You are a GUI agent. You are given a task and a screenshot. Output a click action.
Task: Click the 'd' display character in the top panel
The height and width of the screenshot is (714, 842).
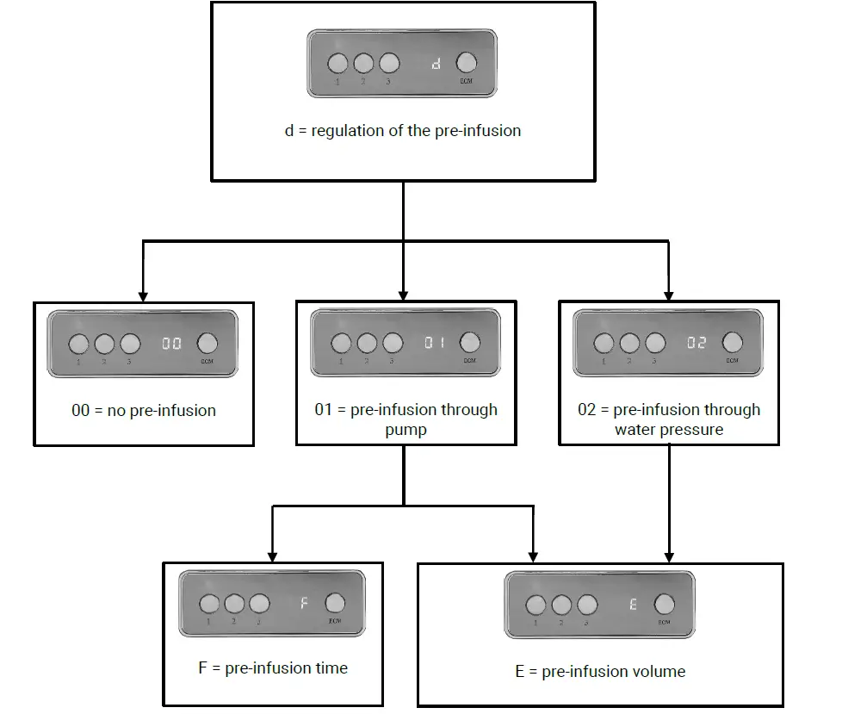coord(436,64)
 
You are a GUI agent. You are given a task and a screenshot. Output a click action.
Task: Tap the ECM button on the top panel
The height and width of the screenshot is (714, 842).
coord(466,63)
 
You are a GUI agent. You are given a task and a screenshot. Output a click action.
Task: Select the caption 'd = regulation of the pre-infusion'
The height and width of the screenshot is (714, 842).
coord(402,131)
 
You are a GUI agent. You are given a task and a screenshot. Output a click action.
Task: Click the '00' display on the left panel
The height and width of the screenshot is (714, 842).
coord(171,343)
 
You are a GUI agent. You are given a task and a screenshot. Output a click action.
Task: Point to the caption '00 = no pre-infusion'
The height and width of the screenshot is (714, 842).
coord(144,411)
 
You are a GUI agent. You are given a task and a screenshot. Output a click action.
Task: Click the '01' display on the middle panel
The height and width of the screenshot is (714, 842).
coord(434,343)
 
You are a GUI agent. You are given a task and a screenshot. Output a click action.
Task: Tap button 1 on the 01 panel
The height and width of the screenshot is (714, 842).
coord(341,343)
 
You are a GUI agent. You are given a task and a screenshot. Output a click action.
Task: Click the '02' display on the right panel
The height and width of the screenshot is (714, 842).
coord(696,343)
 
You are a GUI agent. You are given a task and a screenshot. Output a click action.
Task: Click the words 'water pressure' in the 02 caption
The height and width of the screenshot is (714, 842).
coord(669,429)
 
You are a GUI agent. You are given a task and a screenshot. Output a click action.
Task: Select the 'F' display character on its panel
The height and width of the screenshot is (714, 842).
coord(304,603)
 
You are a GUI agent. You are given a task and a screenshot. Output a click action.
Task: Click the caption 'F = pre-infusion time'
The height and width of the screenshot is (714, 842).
coord(273,667)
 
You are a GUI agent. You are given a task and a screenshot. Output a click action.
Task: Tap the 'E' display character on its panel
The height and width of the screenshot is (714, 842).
coord(633,605)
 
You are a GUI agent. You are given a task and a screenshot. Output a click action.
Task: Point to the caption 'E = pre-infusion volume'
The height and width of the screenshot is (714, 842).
coord(600,671)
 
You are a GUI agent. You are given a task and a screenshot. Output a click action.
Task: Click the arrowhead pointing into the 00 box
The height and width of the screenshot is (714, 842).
coord(141,294)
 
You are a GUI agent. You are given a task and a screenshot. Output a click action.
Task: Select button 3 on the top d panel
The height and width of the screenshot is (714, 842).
coord(389,63)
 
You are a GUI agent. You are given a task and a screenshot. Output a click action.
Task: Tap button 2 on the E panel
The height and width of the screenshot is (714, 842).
coord(561,605)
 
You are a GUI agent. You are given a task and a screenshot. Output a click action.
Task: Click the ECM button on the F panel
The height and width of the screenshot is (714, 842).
coord(335,603)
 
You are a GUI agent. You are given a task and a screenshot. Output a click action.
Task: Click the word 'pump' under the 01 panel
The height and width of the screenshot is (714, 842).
coord(405,429)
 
